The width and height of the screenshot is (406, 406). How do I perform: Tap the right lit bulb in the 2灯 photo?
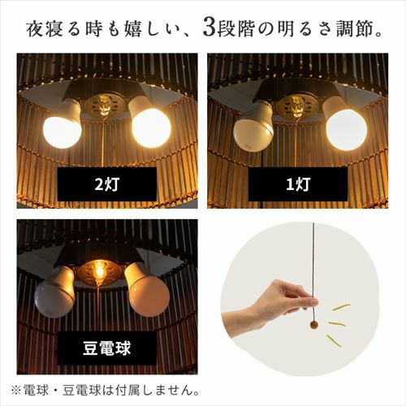coord(149,123)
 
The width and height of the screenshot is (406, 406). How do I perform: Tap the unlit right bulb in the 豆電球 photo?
coord(149,290)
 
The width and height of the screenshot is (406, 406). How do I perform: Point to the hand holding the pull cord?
coord(268,305)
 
